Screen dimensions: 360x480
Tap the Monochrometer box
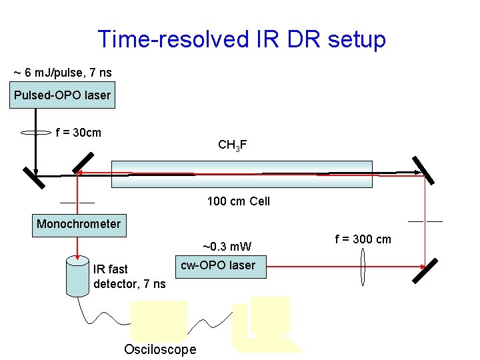coord(79,224)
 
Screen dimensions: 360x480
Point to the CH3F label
coord(233,145)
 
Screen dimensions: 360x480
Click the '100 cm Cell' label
coord(238,201)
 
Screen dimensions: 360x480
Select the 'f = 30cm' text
coord(79,132)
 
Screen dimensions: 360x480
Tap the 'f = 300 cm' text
coord(363,239)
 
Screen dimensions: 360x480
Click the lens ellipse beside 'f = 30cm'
coord(37,133)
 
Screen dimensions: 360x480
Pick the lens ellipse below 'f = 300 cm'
coord(363,265)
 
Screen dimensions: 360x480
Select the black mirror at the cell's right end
coord(423,170)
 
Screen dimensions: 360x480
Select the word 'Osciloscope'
coord(160,349)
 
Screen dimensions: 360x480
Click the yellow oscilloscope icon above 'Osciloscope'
coord(159,321)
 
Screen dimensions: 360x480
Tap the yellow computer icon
coord(265,324)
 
